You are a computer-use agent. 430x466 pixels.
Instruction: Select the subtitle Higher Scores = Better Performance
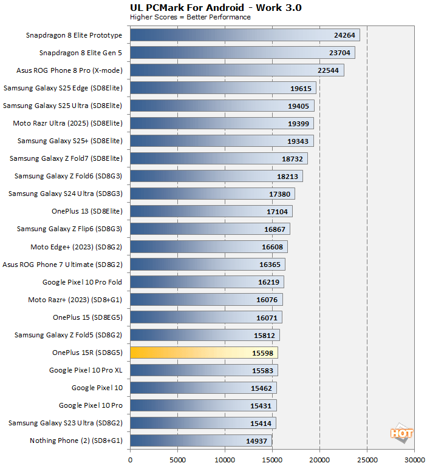(x=190, y=17)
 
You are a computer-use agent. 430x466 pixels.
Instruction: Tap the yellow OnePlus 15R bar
(x=203, y=353)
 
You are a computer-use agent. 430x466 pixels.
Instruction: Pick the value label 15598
(x=263, y=353)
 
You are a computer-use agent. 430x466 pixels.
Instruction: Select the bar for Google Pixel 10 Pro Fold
(x=206, y=282)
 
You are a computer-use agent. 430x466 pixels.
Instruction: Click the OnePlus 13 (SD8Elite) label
(x=87, y=211)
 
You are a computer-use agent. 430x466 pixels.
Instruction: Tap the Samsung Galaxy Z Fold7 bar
(x=219, y=158)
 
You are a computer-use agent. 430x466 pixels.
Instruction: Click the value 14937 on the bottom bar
(x=257, y=441)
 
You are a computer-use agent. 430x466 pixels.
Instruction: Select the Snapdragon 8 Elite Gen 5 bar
(x=242, y=53)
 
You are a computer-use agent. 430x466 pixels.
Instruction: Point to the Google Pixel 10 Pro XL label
(x=86, y=370)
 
